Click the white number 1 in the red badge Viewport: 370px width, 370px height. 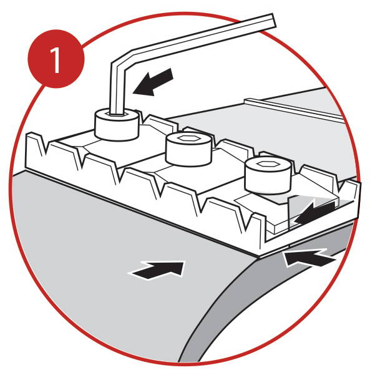[56, 60]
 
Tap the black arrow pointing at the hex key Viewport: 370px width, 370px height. [153, 82]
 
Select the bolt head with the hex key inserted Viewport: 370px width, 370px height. [116, 125]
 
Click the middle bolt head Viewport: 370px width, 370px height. [188, 150]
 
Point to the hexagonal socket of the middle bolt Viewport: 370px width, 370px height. [189, 139]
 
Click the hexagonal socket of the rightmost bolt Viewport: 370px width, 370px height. [268, 163]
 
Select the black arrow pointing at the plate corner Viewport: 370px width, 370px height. [309, 257]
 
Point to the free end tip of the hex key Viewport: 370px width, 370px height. [274, 21]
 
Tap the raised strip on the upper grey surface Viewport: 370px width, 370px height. [294, 109]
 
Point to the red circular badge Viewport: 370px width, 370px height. [56, 59]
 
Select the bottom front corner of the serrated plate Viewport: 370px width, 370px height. [258, 257]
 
